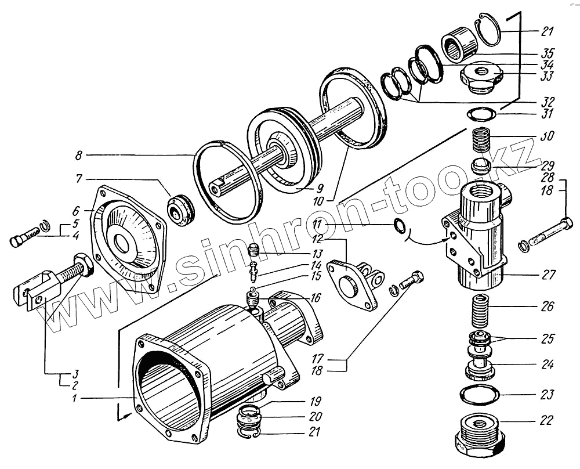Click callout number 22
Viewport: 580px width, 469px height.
pyautogui.click(x=547, y=420)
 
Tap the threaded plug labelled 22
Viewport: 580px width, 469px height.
pyautogui.click(x=479, y=435)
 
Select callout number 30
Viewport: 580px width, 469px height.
pyautogui.click(x=547, y=137)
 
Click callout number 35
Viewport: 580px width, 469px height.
pyautogui.click(x=547, y=51)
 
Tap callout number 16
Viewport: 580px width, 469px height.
pyautogui.click(x=315, y=298)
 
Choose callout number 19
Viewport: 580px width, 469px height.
pyautogui.click(x=315, y=401)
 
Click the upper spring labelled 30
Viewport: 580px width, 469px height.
pyautogui.click(x=480, y=141)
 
